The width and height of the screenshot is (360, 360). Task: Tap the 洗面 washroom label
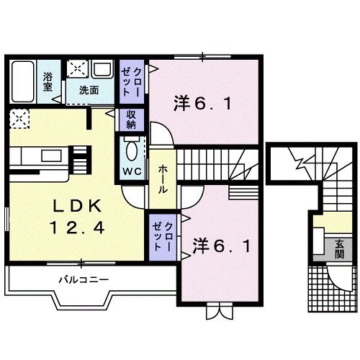pos(89,91)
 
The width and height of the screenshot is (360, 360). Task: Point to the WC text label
pos(132,171)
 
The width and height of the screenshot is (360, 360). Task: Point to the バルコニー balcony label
pos(84,279)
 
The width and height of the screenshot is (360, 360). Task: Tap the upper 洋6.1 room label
pos(202,104)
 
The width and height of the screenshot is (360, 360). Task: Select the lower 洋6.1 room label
pos(222,247)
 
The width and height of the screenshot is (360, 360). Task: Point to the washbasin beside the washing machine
pos(102,70)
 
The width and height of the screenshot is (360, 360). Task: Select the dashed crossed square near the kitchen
pos(19,117)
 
